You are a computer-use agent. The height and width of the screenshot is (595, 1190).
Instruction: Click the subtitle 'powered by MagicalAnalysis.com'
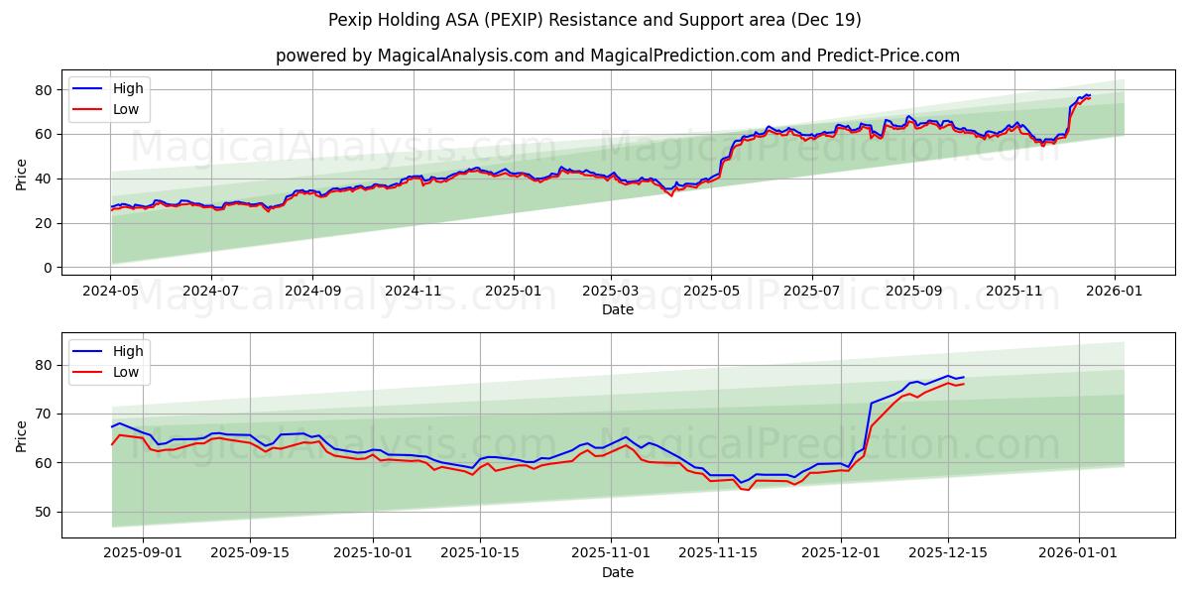pos(617,56)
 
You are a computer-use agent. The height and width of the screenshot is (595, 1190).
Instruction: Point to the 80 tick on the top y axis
pos(43,90)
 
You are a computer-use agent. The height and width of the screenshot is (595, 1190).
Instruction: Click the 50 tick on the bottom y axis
pos(43,512)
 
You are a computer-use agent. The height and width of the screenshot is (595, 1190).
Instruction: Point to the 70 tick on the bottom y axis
pos(43,414)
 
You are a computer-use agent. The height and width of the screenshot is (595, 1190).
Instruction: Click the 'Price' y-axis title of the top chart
pos(22,174)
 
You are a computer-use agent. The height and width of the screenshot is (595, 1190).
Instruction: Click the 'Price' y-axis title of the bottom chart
pos(22,435)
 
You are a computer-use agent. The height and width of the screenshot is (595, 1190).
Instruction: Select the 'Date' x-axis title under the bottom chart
pos(617,573)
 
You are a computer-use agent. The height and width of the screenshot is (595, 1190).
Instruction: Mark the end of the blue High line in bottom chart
pos(963,377)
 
